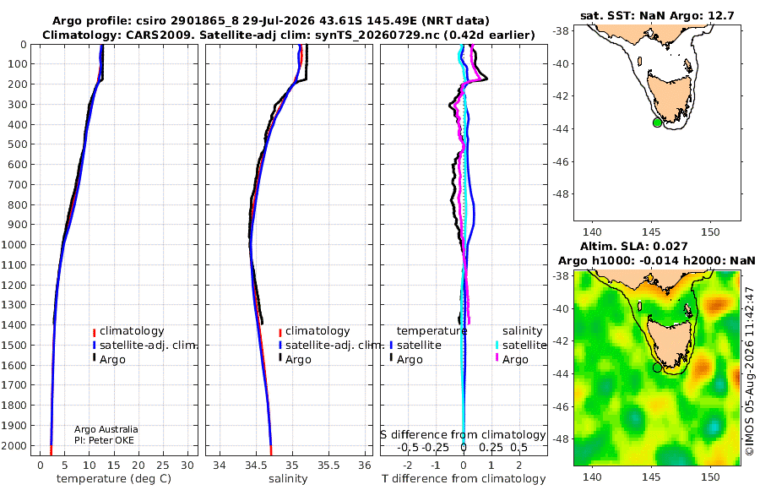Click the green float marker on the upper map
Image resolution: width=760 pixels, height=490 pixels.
(x=657, y=122)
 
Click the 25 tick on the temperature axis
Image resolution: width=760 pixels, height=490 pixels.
(x=163, y=465)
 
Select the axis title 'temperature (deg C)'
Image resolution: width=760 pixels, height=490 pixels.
(x=114, y=479)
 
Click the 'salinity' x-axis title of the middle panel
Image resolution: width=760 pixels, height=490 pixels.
(x=288, y=479)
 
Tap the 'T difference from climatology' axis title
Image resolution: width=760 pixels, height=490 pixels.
(x=464, y=479)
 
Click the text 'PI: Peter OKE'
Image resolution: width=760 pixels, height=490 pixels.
(x=104, y=440)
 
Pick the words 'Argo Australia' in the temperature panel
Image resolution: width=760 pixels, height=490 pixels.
(x=106, y=429)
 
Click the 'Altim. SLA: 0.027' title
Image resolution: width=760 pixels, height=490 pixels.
(x=634, y=246)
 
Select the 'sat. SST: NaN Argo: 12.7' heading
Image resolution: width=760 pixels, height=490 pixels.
(x=657, y=15)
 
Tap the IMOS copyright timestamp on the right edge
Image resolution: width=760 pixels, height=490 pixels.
(x=750, y=371)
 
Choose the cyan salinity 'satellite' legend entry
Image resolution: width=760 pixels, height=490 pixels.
(x=521, y=345)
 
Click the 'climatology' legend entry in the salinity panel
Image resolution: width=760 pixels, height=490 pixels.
(x=314, y=331)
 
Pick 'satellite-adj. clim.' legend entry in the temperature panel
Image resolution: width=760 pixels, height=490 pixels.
(x=144, y=345)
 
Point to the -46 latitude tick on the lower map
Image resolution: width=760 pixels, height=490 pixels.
(x=562, y=406)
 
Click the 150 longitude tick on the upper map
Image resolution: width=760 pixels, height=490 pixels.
(x=710, y=232)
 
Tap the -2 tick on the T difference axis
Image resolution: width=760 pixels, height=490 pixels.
(x=407, y=465)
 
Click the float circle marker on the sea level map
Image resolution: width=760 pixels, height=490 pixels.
(x=657, y=367)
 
